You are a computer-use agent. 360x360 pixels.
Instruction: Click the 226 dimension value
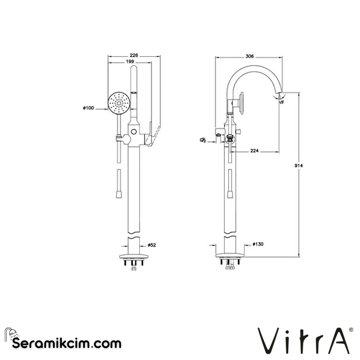point(134,55)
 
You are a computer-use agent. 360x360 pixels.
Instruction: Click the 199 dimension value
point(130,62)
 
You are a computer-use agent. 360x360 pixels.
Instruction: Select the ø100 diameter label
point(88,108)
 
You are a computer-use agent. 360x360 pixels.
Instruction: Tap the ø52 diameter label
point(152,244)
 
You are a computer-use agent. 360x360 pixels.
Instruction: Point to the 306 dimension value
point(249,56)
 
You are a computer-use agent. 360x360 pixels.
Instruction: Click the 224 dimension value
point(255,151)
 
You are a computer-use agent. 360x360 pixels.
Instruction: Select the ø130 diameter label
point(258,244)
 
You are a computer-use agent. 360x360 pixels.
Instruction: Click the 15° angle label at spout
point(281,102)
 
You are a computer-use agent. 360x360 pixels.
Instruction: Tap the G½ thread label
point(203,140)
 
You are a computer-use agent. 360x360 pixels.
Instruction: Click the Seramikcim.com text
point(67,343)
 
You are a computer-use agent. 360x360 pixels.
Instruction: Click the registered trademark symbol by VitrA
point(351,330)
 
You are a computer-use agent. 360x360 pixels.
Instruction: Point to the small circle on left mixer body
point(134,131)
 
